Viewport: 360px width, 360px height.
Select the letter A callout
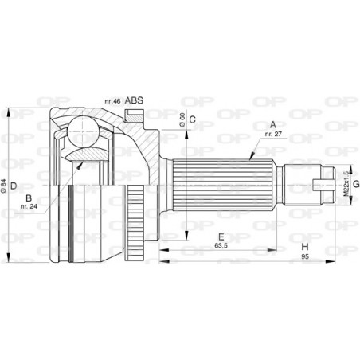(x=273, y=123)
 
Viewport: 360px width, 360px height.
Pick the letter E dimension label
(x=221, y=237)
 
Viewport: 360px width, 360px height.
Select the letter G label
(x=356, y=186)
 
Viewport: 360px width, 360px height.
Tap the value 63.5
(x=221, y=246)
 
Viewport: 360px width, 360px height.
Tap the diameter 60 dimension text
(x=182, y=119)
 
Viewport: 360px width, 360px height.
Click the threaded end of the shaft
(x=323, y=186)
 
